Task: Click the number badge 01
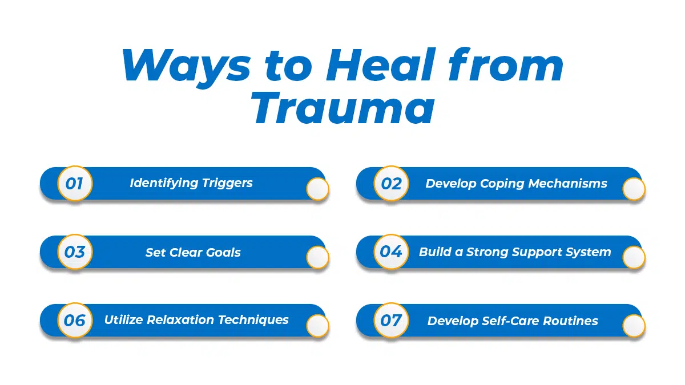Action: tap(75, 184)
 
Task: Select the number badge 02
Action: tap(391, 184)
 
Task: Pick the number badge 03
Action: tap(75, 252)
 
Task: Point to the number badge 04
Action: tap(391, 252)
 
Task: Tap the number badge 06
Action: tap(75, 320)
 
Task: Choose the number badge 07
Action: tap(391, 320)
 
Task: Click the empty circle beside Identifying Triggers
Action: tap(317, 189)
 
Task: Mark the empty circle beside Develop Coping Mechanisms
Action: tap(634, 189)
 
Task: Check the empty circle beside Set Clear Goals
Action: tap(317, 258)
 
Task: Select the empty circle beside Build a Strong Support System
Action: tap(634, 258)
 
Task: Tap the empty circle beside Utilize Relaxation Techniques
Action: tap(317, 326)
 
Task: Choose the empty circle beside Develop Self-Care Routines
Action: tap(634, 326)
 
